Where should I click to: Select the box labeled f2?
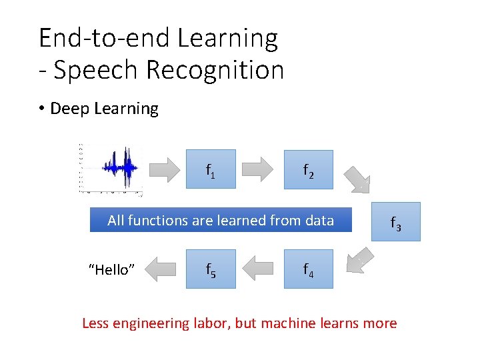[308, 171]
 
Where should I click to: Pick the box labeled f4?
[308, 269]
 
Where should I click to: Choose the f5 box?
[211, 269]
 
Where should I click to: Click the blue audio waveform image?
[111, 170]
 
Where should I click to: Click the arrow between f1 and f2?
[260, 171]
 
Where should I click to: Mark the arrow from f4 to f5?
[260, 269]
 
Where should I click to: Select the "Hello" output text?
[112, 269]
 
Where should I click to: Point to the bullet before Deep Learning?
[42, 109]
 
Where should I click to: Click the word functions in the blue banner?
[159, 220]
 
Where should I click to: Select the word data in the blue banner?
[319, 220]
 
